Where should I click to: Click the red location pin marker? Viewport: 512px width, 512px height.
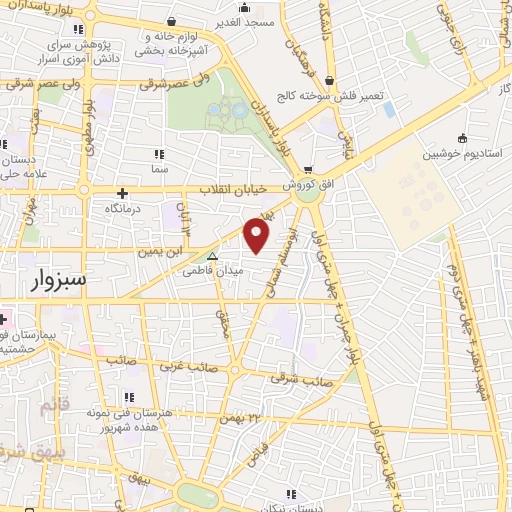[257, 235]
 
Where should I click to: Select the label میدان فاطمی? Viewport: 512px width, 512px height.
[209, 270]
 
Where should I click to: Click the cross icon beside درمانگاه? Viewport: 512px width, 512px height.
[122, 193]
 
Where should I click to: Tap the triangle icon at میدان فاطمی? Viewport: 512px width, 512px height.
[210, 256]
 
